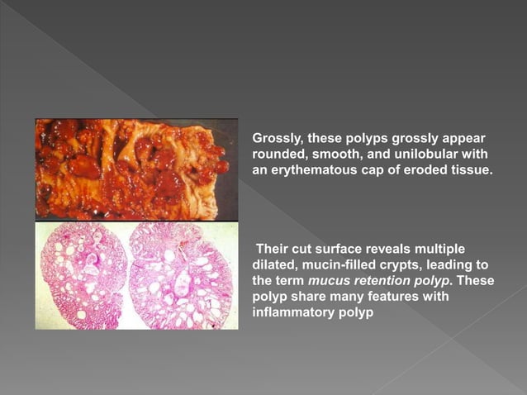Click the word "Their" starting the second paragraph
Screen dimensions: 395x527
(x=273, y=250)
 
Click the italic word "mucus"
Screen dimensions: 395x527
(x=328, y=281)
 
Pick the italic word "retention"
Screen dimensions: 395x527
(x=382, y=281)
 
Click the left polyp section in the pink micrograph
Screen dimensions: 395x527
(x=83, y=274)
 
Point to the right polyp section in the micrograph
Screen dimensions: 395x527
(x=182, y=274)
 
